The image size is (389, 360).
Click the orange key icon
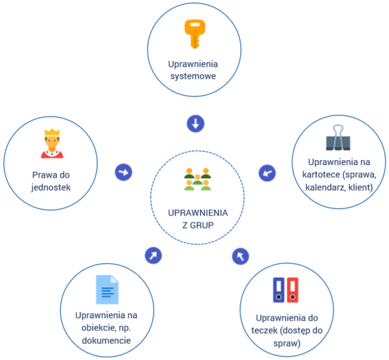point(195,34)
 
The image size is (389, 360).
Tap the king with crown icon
point(52,143)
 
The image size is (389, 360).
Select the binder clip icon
point(338,138)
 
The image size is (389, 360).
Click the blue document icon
point(107,289)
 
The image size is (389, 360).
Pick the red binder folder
point(292,290)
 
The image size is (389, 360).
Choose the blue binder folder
point(279,290)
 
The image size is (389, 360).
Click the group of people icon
point(198,179)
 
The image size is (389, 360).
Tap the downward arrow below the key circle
point(196,124)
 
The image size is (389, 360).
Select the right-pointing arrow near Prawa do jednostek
point(123,172)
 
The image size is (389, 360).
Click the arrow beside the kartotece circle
point(267,173)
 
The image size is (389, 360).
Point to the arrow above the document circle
point(153,256)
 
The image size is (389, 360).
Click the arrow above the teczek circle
point(240,256)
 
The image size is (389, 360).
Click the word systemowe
point(193,76)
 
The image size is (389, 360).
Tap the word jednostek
point(51,188)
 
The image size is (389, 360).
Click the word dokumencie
point(106,341)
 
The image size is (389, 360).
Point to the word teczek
point(264,331)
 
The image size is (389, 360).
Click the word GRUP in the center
point(202,225)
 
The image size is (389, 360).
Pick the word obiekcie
point(99,328)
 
